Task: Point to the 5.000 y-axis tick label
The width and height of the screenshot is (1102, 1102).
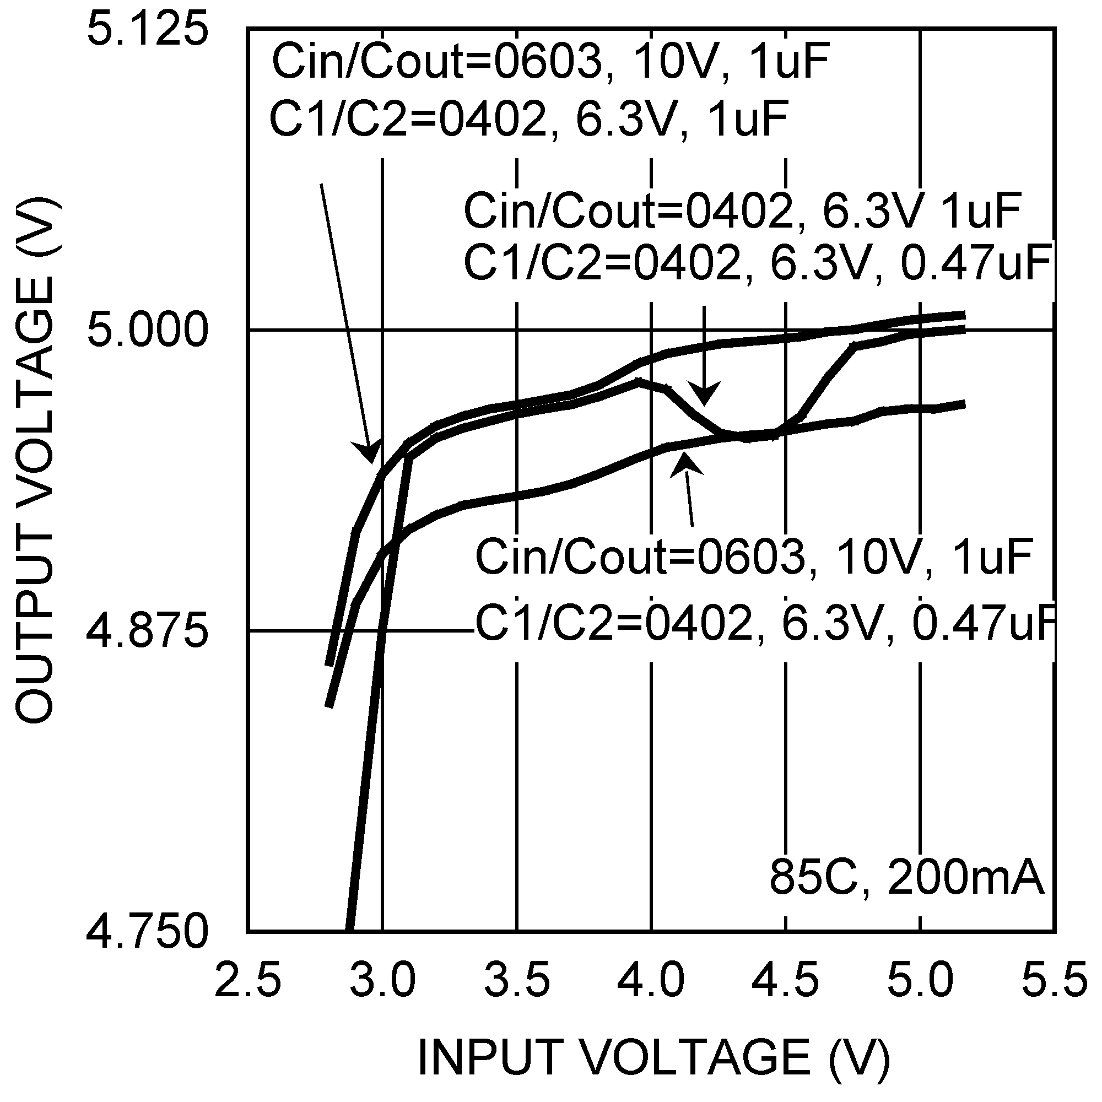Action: (147, 331)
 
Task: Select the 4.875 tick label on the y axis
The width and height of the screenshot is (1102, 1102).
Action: (147, 631)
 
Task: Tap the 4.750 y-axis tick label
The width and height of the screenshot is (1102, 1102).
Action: (147, 932)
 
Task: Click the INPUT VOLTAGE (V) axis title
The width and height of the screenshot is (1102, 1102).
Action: (653, 1058)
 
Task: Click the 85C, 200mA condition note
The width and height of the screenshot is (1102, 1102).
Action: (906, 879)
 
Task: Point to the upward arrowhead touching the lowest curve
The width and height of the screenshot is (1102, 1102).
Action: (685, 462)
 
